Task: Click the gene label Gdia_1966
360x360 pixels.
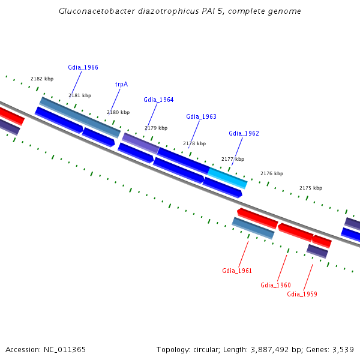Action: [x=83, y=68]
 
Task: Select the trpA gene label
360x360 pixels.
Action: [x=121, y=85]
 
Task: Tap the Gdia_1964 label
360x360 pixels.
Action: [x=158, y=100]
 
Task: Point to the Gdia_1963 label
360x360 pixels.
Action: [x=201, y=117]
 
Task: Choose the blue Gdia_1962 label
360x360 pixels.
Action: [x=244, y=134]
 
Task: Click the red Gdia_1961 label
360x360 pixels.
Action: [x=237, y=271]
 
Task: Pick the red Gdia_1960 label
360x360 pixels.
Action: [x=275, y=286]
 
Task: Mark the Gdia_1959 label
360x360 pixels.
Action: [x=302, y=295]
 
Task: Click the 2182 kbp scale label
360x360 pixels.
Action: [x=42, y=79]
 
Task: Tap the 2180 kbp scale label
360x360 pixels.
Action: [x=118, y=113]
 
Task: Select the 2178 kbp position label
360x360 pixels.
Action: [x=194, y=144]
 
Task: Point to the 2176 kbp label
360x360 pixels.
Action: [x=271, y=174]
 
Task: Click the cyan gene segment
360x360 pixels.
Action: [x=227, y=178]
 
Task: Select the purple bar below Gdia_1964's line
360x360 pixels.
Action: [x=141, y=143]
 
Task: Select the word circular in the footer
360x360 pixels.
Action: [x=207, y=350]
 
